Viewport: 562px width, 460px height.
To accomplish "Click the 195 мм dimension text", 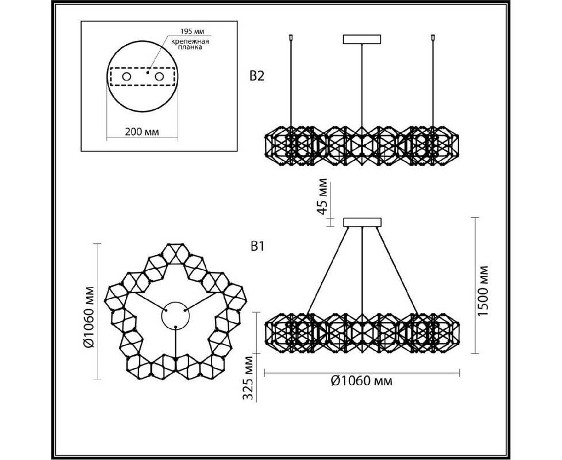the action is click(192, 32).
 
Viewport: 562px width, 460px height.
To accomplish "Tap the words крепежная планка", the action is click(190, 44).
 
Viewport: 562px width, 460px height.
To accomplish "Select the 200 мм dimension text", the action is click(142, 132).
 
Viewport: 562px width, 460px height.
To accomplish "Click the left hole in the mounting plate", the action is click(126, 76).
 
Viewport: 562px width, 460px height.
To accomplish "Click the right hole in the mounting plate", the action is click(159, 76).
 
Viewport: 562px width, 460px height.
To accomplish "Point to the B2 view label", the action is click(256, 76).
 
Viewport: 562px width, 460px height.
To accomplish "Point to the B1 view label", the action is click(256, 247).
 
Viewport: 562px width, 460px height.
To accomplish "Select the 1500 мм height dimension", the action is click(483, 291).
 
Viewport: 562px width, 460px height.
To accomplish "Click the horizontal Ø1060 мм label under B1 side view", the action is click(361, 381).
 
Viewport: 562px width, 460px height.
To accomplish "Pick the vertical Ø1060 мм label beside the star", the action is click(88, 312).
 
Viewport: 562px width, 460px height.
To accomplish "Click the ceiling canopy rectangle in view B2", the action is click(361, 39).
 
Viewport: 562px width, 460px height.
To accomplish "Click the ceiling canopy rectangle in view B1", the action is click(363, 223).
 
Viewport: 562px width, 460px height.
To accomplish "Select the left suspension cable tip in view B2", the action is click(291, 37).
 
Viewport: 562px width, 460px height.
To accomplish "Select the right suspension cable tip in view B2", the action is click(433, 37).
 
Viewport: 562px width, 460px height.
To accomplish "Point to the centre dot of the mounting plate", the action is click(148, 72).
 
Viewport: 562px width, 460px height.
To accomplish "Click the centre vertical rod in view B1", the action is click(363, 271).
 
